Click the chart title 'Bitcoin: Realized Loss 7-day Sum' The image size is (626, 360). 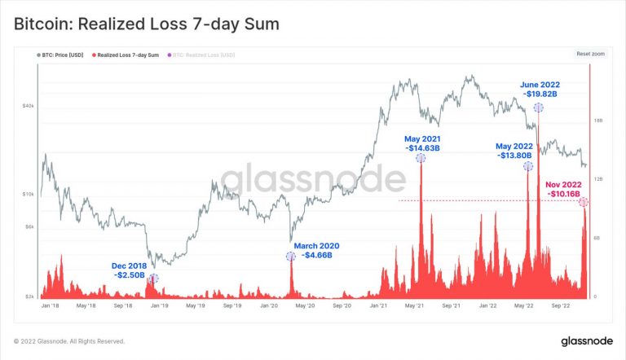tap(147, 24)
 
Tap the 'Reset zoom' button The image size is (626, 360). tap(590, 54)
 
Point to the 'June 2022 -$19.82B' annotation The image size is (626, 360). tap(540, 90)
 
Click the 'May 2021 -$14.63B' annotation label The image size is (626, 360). tap(422, 143)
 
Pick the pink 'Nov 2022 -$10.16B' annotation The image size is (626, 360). tap(562, 189)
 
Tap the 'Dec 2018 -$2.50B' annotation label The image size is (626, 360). tap(130, 270)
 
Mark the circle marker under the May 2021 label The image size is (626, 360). tap(421, 158)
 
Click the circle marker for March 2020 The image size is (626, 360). tap(291, 257)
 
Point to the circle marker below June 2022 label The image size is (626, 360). tap(538, 107)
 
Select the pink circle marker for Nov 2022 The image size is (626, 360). tap(584, 202)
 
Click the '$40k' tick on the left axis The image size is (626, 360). tap(28, 106)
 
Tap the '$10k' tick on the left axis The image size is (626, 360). tap(28, 194)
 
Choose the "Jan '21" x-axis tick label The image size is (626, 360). tap(378, 306)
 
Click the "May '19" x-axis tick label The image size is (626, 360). tap(195, 306)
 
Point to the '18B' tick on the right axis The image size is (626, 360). tap(597, 121)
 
